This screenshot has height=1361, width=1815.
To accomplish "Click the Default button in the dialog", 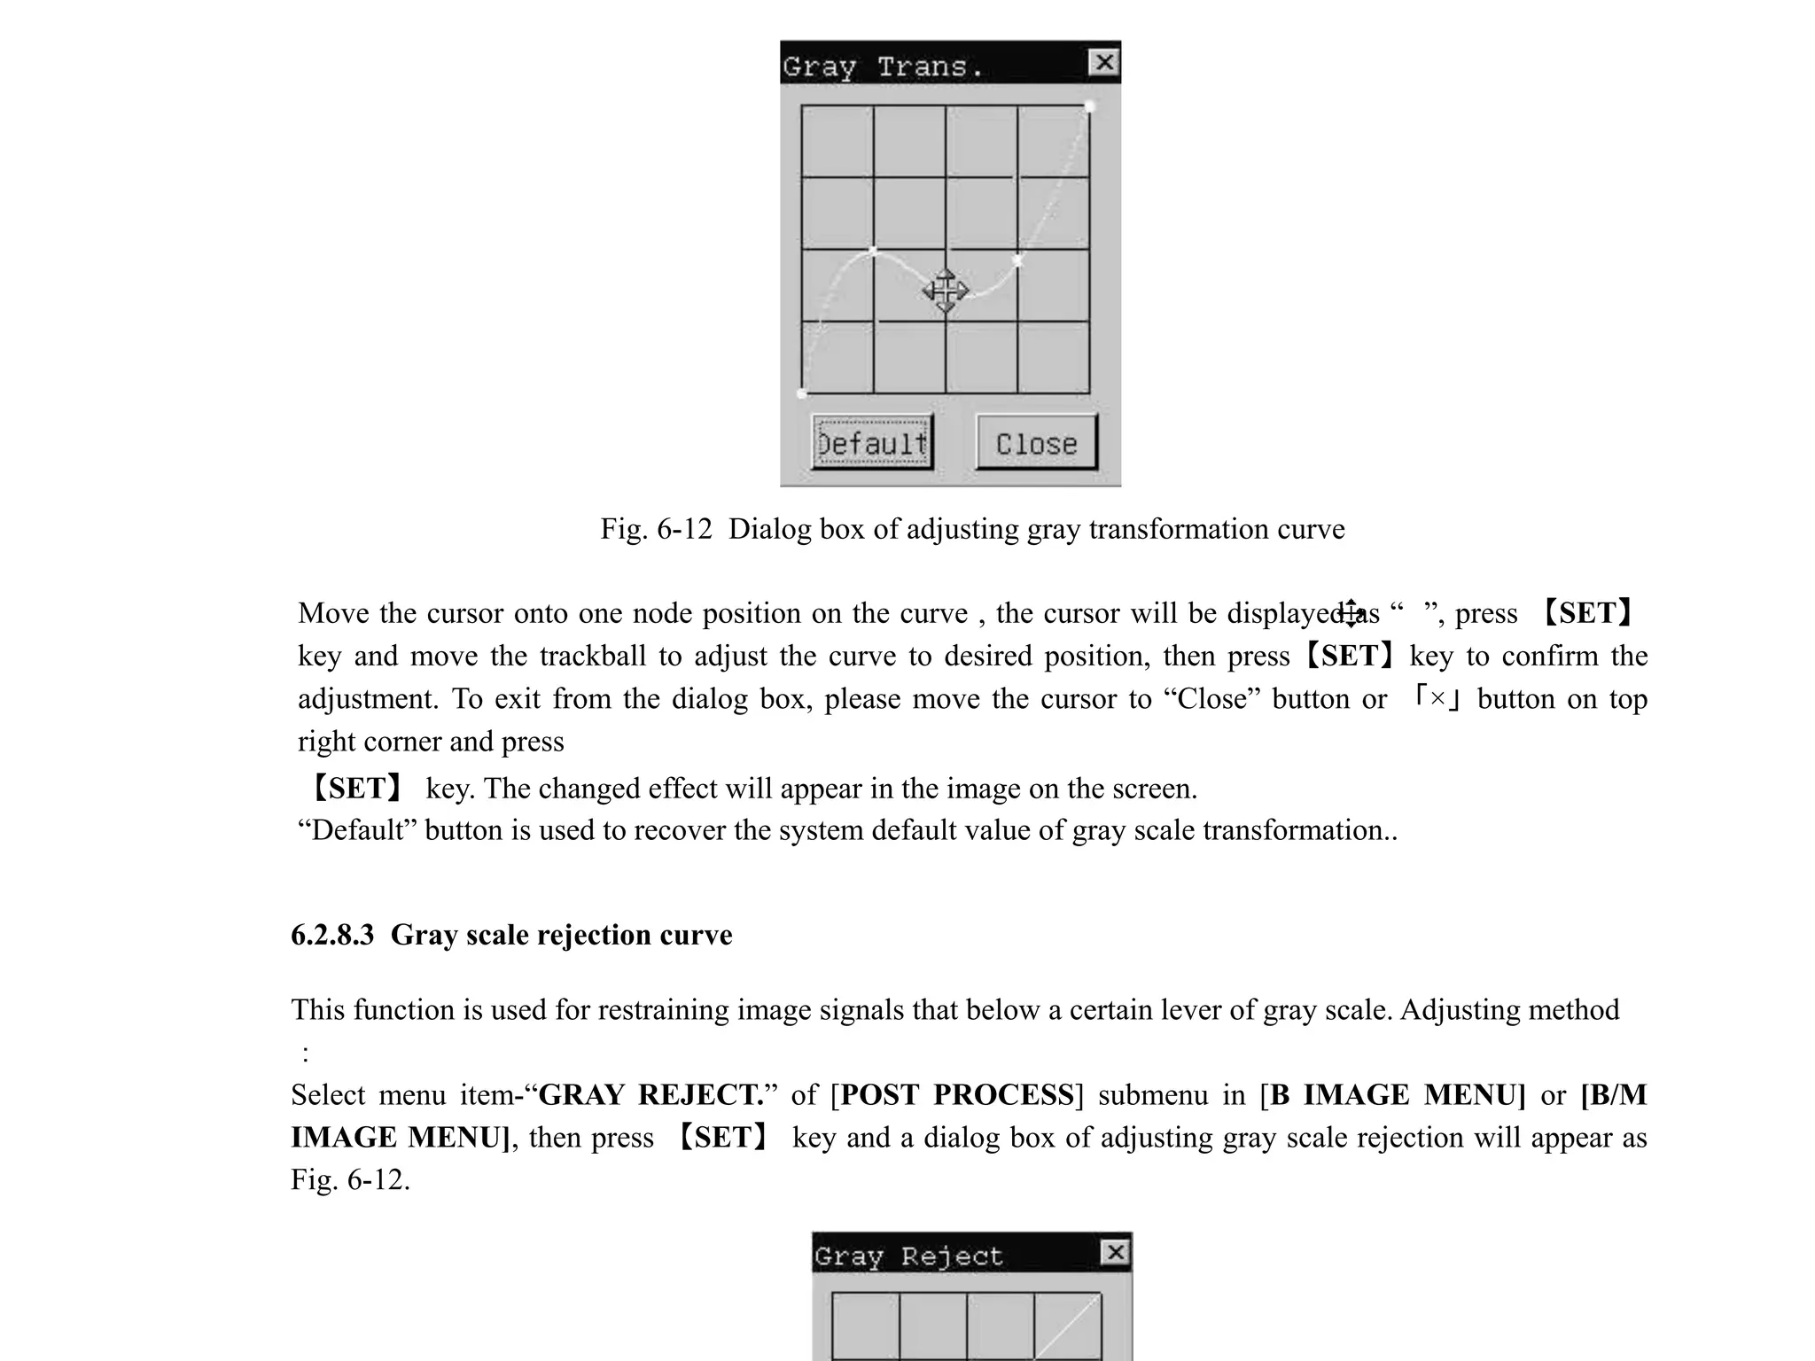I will click(x=872, y=442).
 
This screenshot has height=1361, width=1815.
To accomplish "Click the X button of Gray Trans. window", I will click(x=1103, y=62).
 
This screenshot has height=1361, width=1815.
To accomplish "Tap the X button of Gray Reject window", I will click(x=1115, y=1252).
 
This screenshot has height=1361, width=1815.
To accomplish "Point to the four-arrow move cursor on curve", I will click(x=946, y=291).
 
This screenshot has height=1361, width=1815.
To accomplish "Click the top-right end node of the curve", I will click(x=1089, y=107).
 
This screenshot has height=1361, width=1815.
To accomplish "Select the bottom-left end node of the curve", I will click(x=802, y=393).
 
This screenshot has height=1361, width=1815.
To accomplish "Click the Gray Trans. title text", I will click(x=883, y=66).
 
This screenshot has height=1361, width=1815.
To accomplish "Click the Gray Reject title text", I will click(x=908, y=1256).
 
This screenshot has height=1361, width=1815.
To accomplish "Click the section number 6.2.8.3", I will click(x=332, y=935).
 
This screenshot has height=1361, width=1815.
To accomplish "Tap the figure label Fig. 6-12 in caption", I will click(x=656, y=529).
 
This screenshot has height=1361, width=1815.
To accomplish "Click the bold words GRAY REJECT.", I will click(x=651, y=1095).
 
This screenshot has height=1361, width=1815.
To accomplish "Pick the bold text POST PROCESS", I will click(x=957, y=1095).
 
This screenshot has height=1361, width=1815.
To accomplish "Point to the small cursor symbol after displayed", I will click(x=1351, y=611).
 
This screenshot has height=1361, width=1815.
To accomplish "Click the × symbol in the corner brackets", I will click(x=1437, y=698).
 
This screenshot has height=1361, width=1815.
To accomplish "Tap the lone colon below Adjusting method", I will click(x=306, y=1054).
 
